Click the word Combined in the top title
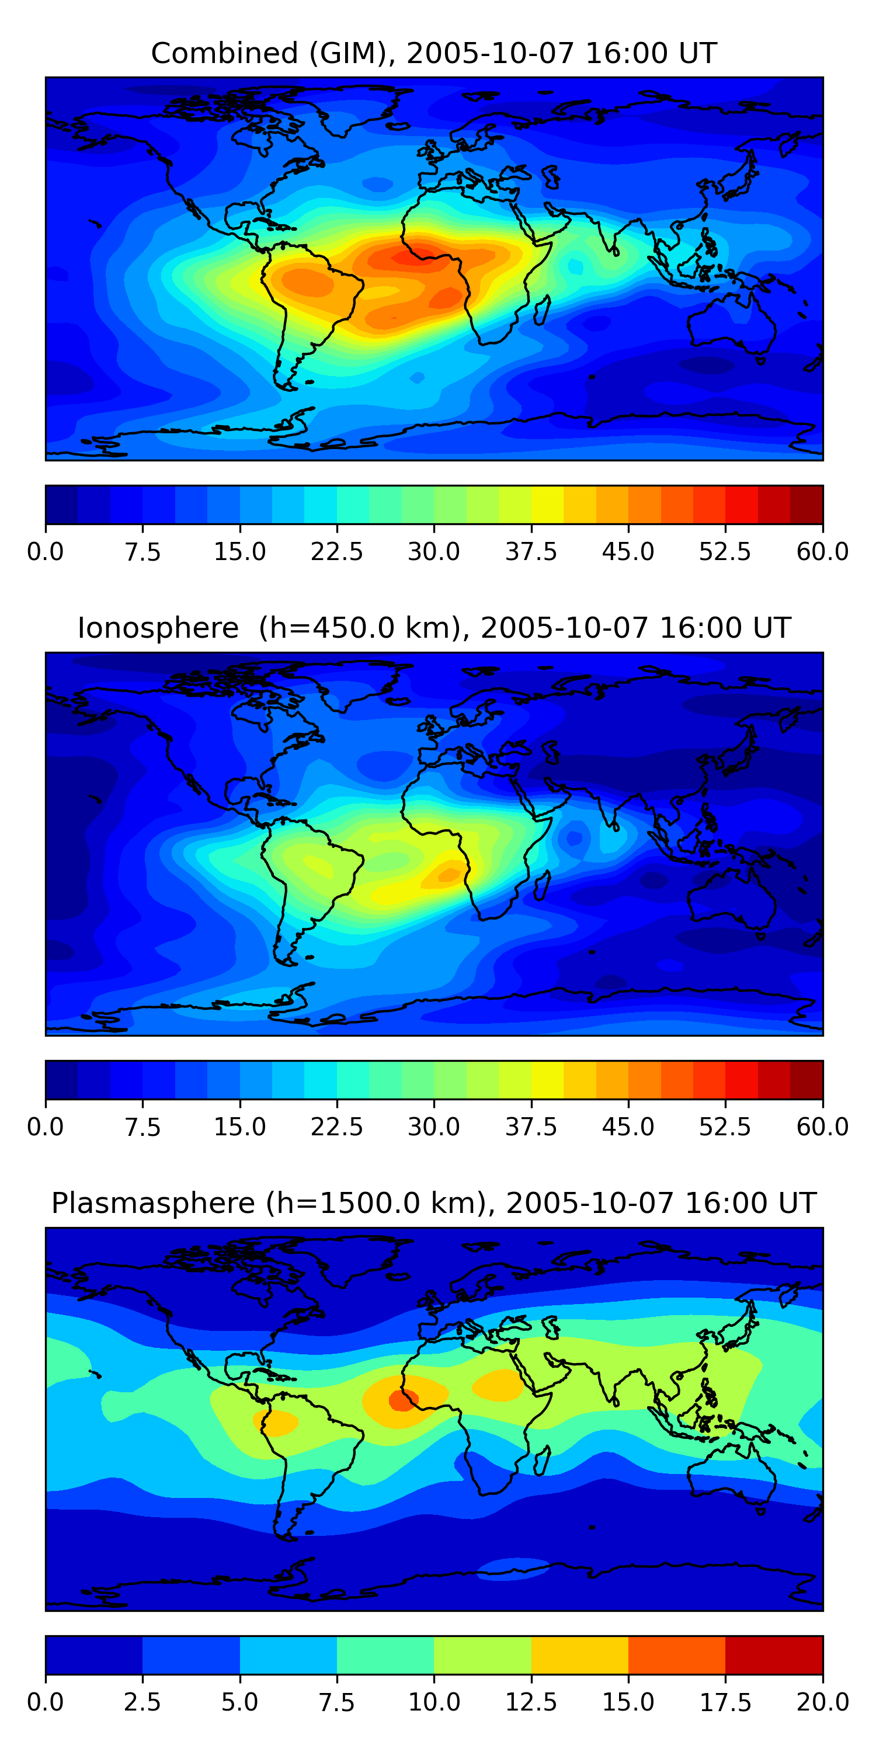[224, 53]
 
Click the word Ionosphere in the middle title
[158, 628]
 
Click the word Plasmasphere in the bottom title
[153, 1203]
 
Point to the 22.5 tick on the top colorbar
[336, 551]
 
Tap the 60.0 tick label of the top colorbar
[822, 551]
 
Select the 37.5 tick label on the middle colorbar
[530, 1127]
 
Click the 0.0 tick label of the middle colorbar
[46, 1127]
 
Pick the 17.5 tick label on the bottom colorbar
[725, 1702]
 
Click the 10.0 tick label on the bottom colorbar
[434, 1702]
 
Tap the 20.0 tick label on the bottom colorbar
[822, 1702]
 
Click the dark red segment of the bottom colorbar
[774, 1654]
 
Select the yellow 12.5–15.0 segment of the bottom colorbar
[579, 1654]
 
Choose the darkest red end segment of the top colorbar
[807, 505]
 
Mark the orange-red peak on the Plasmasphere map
[401, 1400]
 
